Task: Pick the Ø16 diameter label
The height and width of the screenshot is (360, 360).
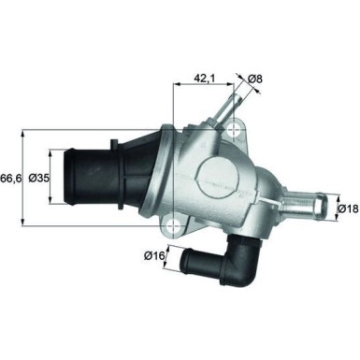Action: [154, 252]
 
